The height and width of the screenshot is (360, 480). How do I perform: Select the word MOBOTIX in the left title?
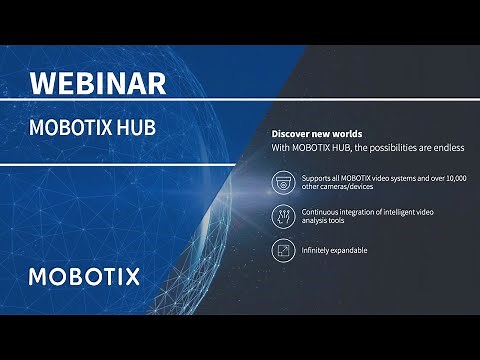tap(75, 128)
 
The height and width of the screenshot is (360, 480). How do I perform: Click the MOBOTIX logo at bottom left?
tap(84, 276)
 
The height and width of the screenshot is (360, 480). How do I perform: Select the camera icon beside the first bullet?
tap(283, 182)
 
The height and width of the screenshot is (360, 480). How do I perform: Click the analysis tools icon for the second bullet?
tap(283, 216)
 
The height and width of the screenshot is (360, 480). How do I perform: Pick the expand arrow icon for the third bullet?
tap(283, 249)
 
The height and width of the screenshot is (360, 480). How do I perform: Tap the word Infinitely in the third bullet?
tap(317, 250)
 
